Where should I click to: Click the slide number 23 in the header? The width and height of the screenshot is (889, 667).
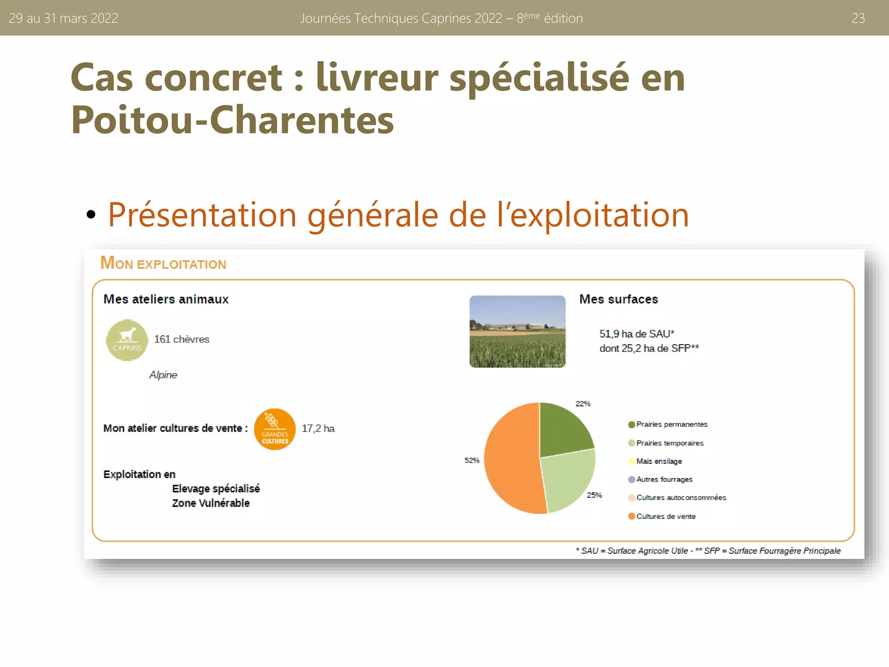click(x=858, y=18)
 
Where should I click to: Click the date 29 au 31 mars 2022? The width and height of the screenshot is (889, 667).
click(x=63, y=18)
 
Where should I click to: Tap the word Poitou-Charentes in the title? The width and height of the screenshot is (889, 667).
click(x=232, y=120)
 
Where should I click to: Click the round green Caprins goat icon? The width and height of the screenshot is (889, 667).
click(x=127, y=340)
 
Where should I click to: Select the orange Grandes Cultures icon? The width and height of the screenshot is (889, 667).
click(x=275, y=429)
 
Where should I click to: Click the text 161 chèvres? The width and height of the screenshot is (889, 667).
click(x=181, y=339)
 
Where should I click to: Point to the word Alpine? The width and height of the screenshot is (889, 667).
click(x=163, y=375)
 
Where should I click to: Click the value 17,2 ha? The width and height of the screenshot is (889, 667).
click(x=318, y=429)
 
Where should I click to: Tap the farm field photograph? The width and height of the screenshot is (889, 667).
click(x=517, y=331)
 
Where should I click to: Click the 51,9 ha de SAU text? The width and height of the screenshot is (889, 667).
click(x=636, y=334)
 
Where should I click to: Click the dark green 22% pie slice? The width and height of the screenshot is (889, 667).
click(x=563, y=430)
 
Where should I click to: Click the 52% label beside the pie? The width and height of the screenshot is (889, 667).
click(x=472, y=460)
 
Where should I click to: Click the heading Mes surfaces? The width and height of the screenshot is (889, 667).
click(x=619, y=299)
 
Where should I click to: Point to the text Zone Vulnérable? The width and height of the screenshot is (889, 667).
click(x=211, y=503)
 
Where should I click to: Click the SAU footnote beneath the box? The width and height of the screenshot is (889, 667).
click(x=708, y=551)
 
